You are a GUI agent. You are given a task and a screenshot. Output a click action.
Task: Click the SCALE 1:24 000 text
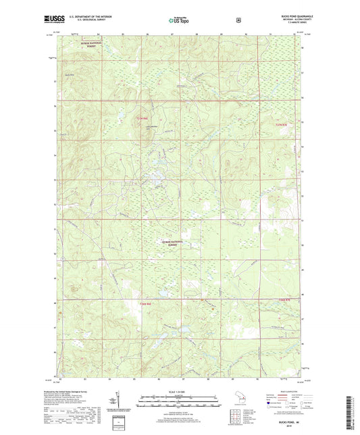pos(180,392)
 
